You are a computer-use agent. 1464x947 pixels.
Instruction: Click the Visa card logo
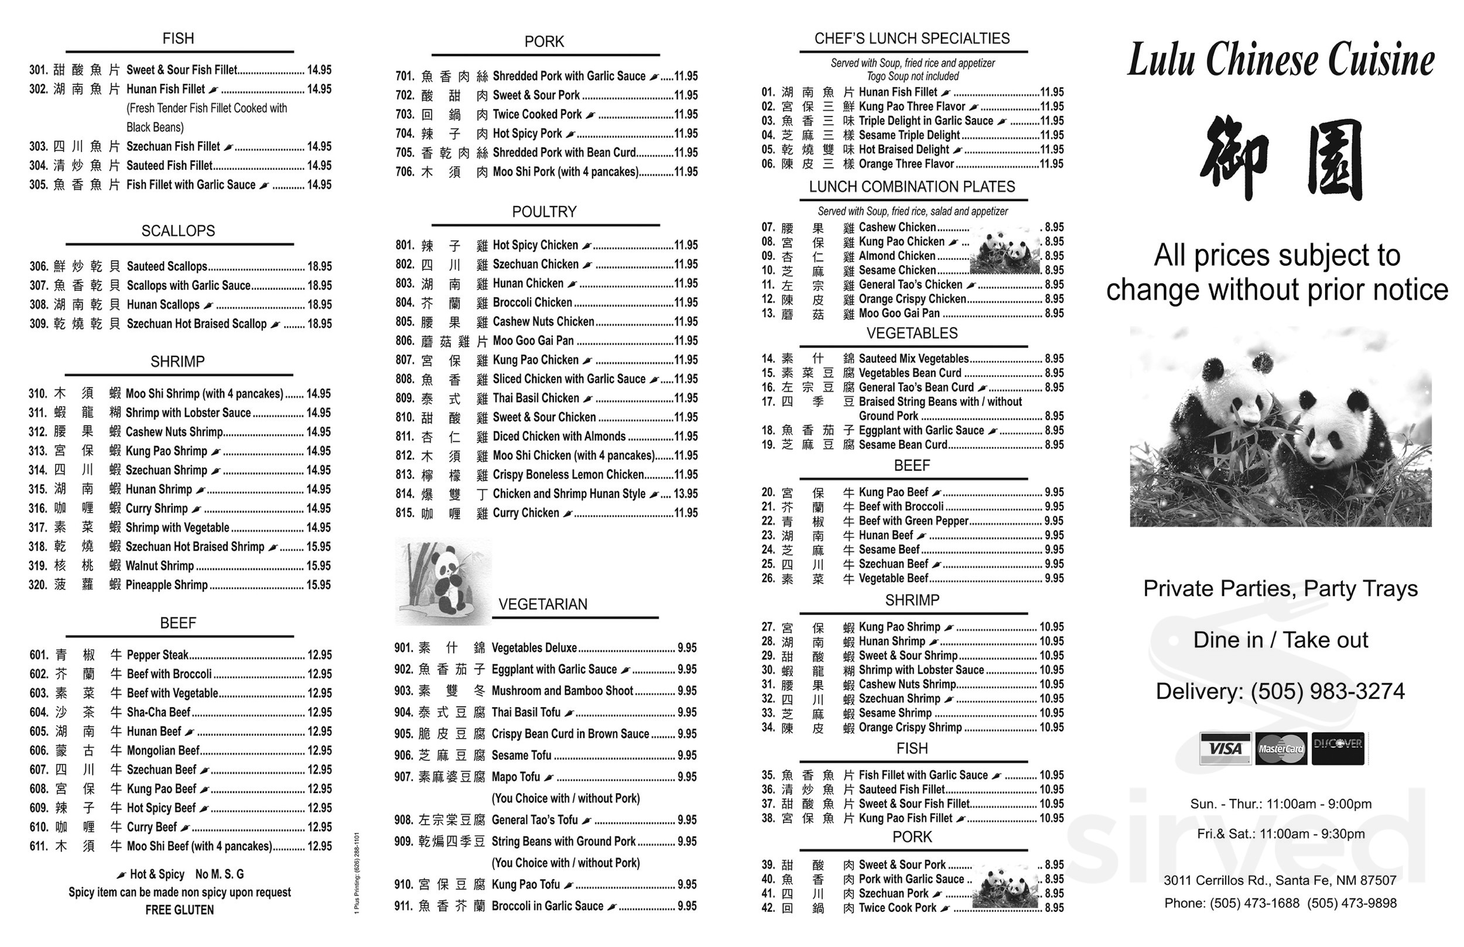point(1224,749)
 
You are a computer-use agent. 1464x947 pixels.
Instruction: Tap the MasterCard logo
point(1281,749)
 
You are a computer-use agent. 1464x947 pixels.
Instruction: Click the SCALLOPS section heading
point(179,231)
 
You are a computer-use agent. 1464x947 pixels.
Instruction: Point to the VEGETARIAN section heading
point(542,604)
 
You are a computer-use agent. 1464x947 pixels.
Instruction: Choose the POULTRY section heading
point(545,211)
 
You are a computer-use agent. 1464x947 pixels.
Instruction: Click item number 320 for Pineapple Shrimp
point(38,585)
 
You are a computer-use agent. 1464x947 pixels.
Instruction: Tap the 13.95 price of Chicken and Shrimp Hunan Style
point(685,494)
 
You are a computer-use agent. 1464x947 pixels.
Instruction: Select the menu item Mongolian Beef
point(163,750)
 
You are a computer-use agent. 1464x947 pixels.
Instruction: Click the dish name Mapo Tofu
point(515,777)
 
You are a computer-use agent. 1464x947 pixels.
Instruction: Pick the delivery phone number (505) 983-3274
point(1328,691)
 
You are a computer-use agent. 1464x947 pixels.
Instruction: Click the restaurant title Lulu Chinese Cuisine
point(1281,60)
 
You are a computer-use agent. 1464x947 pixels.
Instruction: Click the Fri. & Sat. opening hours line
point(1281,834)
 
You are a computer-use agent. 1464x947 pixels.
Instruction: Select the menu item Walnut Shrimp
point(159,566)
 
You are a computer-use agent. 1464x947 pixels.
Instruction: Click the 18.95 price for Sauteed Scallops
point(319,266)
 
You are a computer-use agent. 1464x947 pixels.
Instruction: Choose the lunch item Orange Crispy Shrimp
point(910,728)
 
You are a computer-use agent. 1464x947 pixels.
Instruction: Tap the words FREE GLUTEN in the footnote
point(180,910)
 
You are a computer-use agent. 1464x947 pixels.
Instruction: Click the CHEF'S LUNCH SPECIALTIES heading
point(912,39)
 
